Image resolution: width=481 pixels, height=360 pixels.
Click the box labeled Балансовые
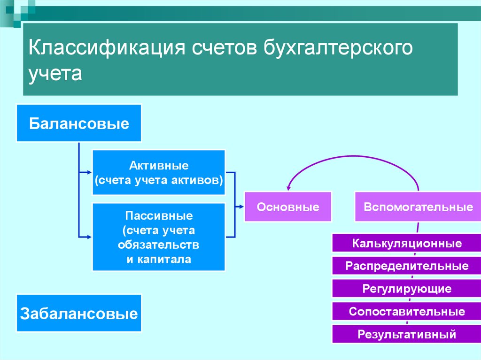click(79, 123)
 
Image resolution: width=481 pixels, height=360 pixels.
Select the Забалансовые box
click(79, 313)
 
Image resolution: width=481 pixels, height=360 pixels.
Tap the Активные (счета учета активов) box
click(159, 172)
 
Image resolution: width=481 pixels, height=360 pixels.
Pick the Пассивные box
click(159, 237)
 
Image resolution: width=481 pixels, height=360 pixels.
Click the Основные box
click(288, 207)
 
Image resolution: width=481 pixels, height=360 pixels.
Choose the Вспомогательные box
click(418, 207)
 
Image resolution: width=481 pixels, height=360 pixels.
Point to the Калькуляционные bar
click(407, 243)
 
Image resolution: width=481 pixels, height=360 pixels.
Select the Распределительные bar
click(407, 266)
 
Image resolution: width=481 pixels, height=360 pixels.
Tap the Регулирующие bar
click(407, 289)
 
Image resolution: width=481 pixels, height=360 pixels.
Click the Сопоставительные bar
click(407, 312)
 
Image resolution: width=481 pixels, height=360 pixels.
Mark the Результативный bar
click(407, 334)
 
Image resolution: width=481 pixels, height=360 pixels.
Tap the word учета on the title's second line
click(55, 74)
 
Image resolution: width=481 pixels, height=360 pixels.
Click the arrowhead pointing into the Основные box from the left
click(242, 207)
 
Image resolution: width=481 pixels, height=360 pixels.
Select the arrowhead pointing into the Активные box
click(90, 172)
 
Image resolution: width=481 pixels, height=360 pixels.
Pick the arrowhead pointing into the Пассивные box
click(90, 237)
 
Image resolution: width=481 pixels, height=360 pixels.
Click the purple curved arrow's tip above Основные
click(288, 189)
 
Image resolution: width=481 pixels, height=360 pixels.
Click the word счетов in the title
click(225, 48)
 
